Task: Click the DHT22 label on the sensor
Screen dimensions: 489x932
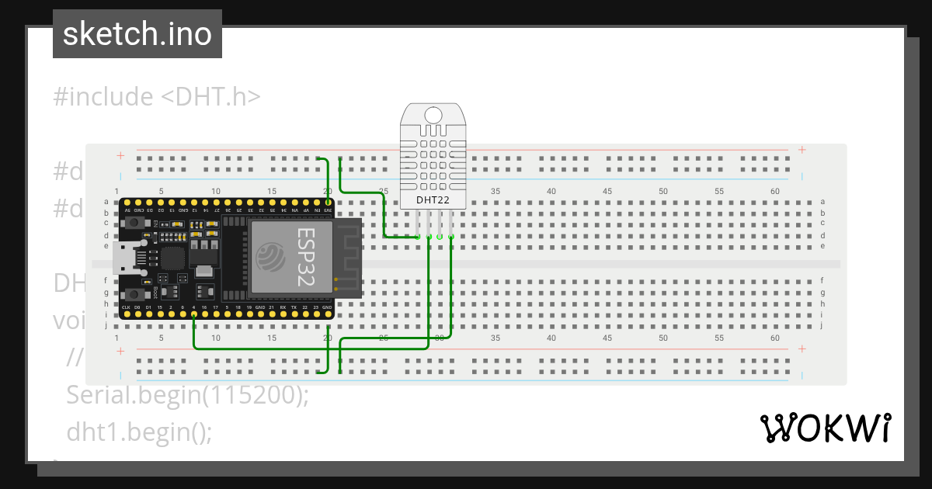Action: coord(433,199)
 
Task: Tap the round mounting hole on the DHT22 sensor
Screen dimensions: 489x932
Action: coord(433,115)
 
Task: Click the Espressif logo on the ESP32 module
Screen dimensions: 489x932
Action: coord(270,257)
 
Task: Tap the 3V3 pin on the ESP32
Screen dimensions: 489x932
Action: coord(329,203)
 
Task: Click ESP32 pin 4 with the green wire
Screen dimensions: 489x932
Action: coord(193,314)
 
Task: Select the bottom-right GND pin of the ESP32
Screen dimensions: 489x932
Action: coord(329,314)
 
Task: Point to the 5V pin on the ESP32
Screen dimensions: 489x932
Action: coord(127,203)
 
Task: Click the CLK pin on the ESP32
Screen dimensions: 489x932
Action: coord(127,314)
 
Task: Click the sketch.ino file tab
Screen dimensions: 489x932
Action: coord(137,35)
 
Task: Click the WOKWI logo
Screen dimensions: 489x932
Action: coord(825,428)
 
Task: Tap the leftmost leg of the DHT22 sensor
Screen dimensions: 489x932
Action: coord(418,226)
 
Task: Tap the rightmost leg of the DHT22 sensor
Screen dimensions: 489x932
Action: coord(451,226)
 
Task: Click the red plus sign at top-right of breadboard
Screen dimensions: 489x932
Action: coord(802,151)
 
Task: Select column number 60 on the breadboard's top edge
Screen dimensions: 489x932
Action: coord(774,191)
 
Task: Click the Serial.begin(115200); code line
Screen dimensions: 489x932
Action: coord(188,395)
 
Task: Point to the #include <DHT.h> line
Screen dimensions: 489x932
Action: coord(157,97)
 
